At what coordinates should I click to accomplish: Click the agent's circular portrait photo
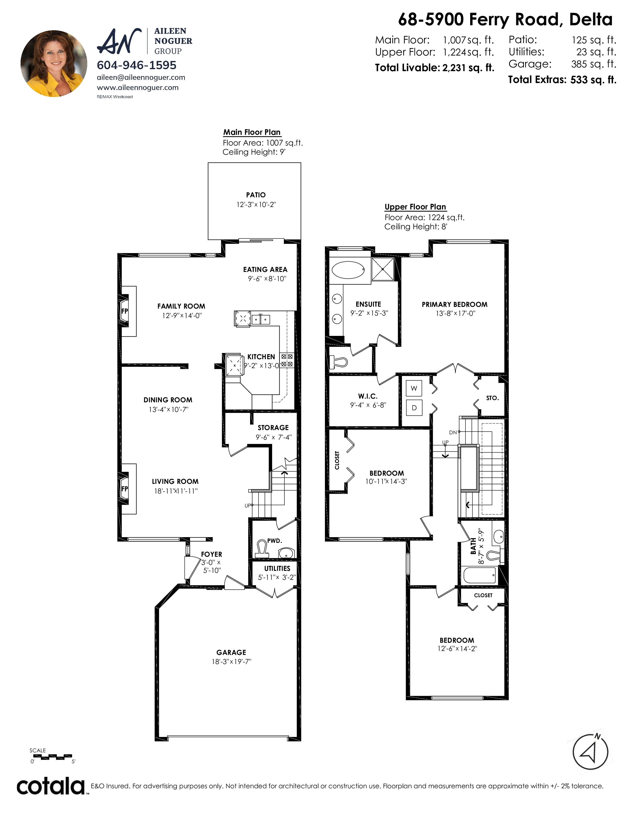tap(54, 64)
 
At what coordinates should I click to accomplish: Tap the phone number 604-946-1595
tap(137, 65)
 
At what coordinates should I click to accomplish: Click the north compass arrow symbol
tap(590, 752)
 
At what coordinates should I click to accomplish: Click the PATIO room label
tap(256, 195)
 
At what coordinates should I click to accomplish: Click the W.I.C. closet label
tap(368, 396)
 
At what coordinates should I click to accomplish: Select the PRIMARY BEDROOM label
tap(455, 304)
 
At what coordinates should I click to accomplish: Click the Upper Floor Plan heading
tap(415, 207)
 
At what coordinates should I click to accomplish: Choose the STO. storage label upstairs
tap(492, 398)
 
